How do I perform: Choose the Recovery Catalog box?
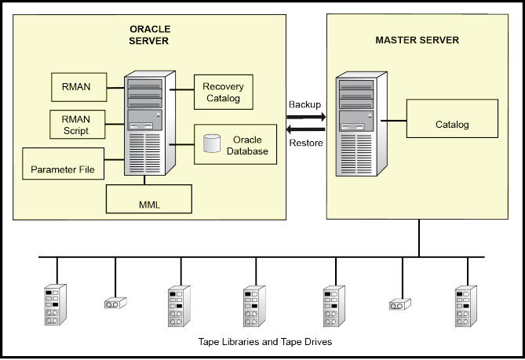(x=223, y=92)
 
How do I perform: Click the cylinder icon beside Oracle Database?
(x=210, y=144)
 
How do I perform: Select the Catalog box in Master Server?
(x=451, y=124)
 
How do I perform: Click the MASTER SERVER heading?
(x=417, y=40)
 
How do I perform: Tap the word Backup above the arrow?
(x=305, y=104)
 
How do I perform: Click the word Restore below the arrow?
(x=305, y=144)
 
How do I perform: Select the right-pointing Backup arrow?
(x=305, y=118)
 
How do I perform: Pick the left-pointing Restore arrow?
(x=305, y=129)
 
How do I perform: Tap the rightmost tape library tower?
(x=466, y=306)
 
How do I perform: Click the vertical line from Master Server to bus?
(x=418, y=238)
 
